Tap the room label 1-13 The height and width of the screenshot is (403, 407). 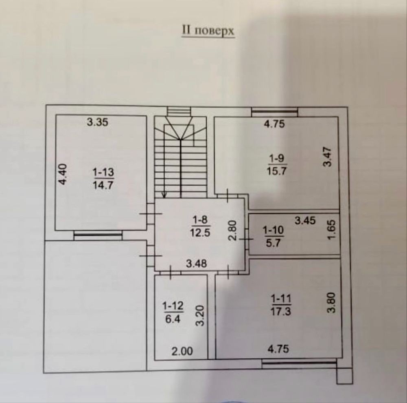click(x=103, y=172)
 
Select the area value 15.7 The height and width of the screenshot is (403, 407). click(x=276, y=171)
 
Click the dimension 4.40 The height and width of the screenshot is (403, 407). click(x=63, y=174)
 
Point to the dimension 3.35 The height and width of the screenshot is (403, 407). click(x=97, y=122)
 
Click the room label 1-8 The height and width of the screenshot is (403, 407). click(x=200, y=220)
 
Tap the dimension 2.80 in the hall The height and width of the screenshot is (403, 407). click(x=232, y=230)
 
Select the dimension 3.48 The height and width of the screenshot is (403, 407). click(x=197, y=264)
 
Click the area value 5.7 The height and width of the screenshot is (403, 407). click(x=273, y=243)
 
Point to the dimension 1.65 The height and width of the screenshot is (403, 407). click(x=332, y=230)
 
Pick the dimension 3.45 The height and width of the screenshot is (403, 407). click(x=305, y=221)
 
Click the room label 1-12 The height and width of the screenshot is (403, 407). click(x=173, y=306)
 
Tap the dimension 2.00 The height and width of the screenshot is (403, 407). click(x=182, y=351)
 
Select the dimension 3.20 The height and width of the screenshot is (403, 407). click(x=200, y=316)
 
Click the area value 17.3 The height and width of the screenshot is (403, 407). click(x=281, y=311)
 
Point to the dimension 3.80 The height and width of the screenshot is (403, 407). click(x=331, y=303)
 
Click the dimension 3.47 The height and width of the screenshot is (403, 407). click(x=327, y=157)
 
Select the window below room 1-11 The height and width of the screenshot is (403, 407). click(x=299, y=363)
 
